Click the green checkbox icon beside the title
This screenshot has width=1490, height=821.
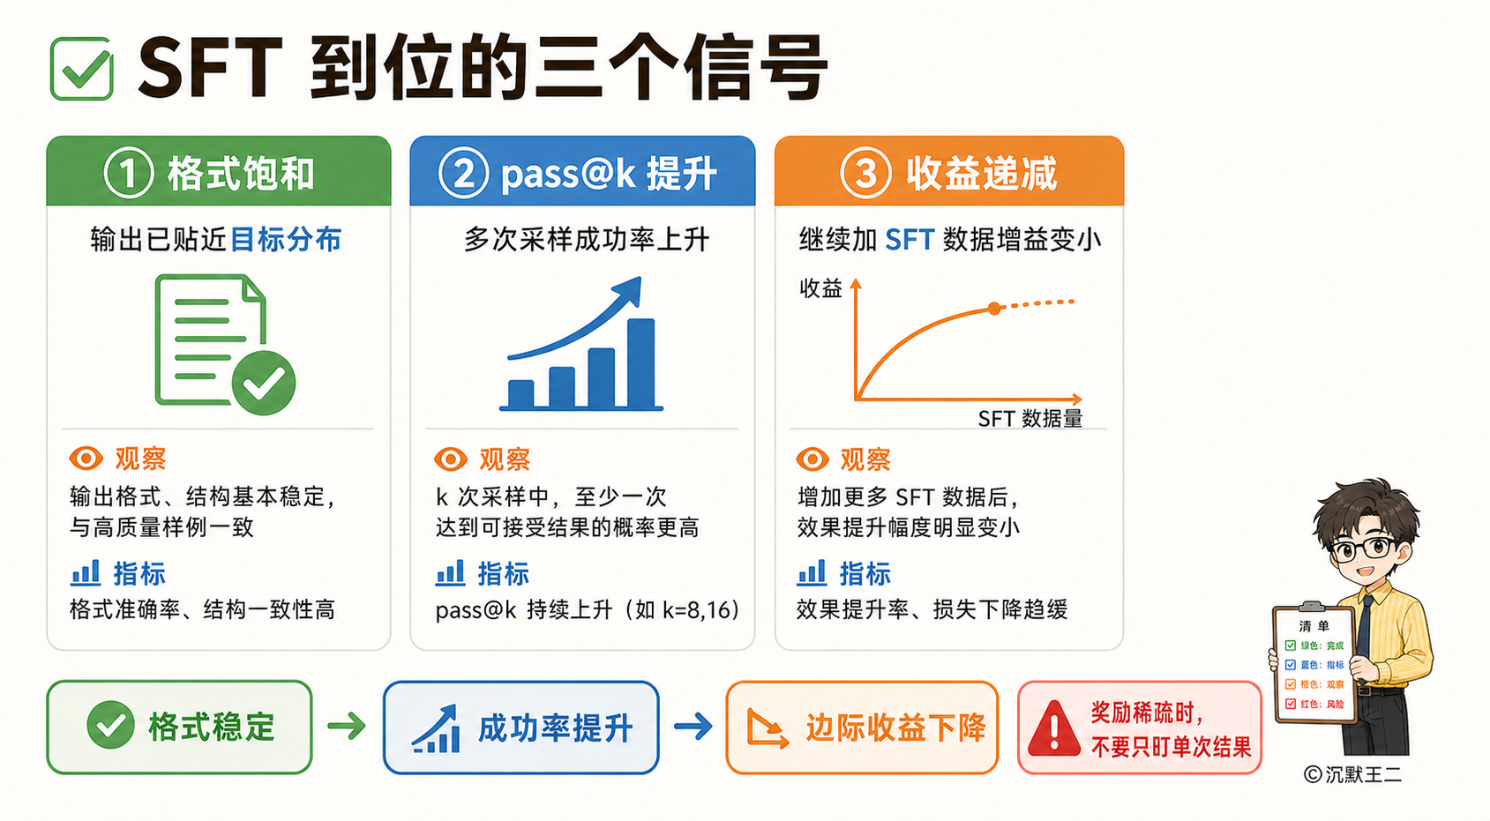[x=81, y=69]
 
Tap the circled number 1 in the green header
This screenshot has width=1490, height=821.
[x=129, y=173]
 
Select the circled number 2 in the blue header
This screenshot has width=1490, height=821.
[x=464, y=173]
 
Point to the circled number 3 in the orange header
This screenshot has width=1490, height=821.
[x=865, y=173]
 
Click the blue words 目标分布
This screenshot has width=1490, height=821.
[x=285, y=239]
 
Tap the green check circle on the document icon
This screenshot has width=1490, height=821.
[x=264, y=383]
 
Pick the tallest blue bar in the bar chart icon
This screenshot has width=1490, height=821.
[x=641, y=363]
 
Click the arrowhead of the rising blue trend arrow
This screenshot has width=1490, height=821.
[x=629, y=290]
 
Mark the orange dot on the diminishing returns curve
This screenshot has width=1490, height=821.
[x=994, y=309]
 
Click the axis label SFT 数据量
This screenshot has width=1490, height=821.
[x=1030, y=418]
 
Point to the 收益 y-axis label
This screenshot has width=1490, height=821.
[x=820, y=288]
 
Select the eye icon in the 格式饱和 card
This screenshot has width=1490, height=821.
[x=86, y=458]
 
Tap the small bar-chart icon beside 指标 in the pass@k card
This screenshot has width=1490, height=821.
[x=450, y=573]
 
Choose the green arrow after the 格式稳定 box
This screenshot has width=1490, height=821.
[x=347, y=725]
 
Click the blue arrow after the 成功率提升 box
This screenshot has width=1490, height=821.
[x=693, y=725]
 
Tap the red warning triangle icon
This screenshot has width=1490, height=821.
[x=1053, y=728]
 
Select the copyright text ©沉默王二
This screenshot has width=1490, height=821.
[x=1352, y=774]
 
